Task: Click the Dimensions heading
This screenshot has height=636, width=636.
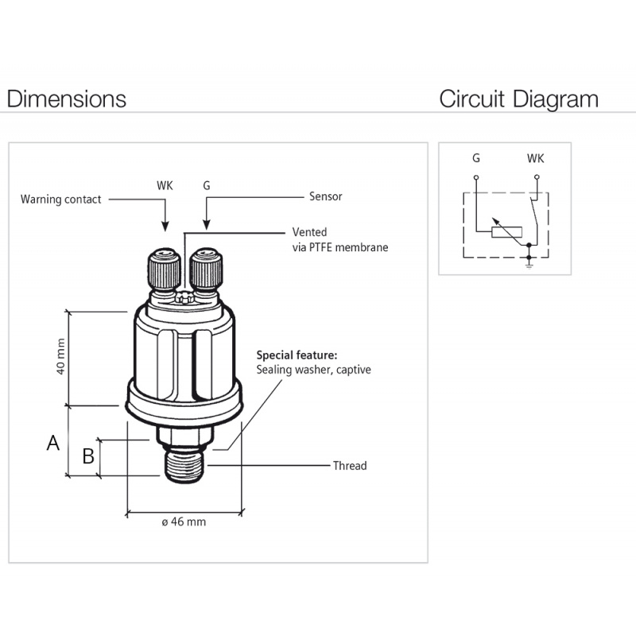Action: coord(67,99)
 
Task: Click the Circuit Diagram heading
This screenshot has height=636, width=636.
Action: coord(518,99)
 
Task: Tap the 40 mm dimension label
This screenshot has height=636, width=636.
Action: coord(60,359)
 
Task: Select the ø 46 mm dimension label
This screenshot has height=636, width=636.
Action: coord(183,522)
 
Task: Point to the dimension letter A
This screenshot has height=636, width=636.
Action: coord(53,443)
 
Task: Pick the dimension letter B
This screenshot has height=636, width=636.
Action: coord(89,456)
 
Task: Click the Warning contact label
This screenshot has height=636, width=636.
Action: coord(61,200)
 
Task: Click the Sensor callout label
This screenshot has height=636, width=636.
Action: coord(325,196)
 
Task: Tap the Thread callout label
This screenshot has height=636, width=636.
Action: coord(350,465)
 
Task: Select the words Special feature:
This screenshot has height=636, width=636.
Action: coord(297,355)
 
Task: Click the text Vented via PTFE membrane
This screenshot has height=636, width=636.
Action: coord(340,240)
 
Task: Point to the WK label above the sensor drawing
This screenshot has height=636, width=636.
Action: coord(165,185)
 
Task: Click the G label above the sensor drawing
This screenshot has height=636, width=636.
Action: coord(207,185)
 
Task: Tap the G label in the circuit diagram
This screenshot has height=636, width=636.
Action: coord(475,159)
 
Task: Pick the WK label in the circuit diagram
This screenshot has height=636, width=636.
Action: coord(536,159)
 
